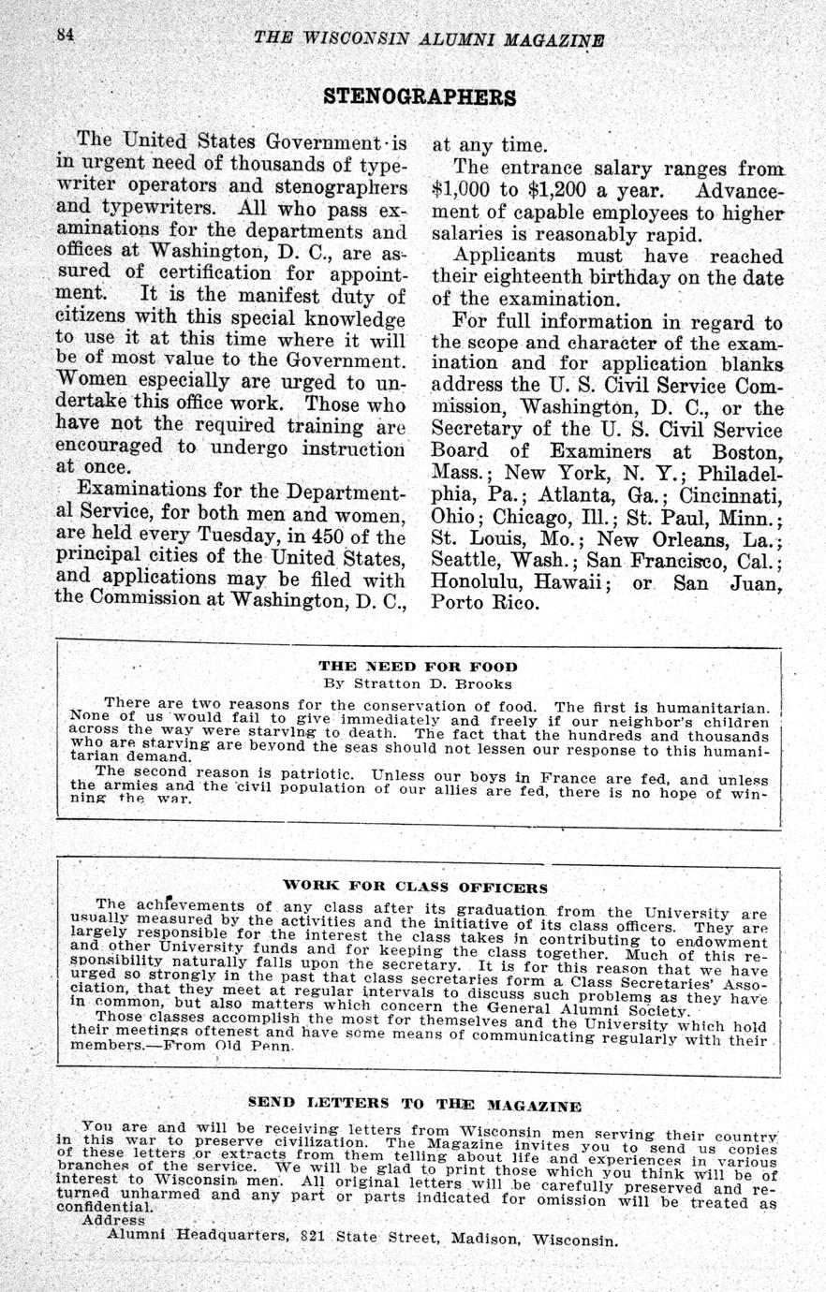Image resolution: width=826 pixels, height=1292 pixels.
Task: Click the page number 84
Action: point(65,36)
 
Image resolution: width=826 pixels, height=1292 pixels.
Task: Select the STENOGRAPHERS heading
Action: point(419,96)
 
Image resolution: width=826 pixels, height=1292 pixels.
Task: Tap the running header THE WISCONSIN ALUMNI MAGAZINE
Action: point(429,39)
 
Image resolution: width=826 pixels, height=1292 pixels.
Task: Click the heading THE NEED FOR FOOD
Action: point(418,667)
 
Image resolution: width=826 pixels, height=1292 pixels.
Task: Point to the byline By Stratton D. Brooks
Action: point(418,683)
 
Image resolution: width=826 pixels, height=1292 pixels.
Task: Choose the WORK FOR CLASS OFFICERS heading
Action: point(415,886)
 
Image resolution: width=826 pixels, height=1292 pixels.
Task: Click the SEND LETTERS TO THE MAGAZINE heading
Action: point(414,1105)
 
